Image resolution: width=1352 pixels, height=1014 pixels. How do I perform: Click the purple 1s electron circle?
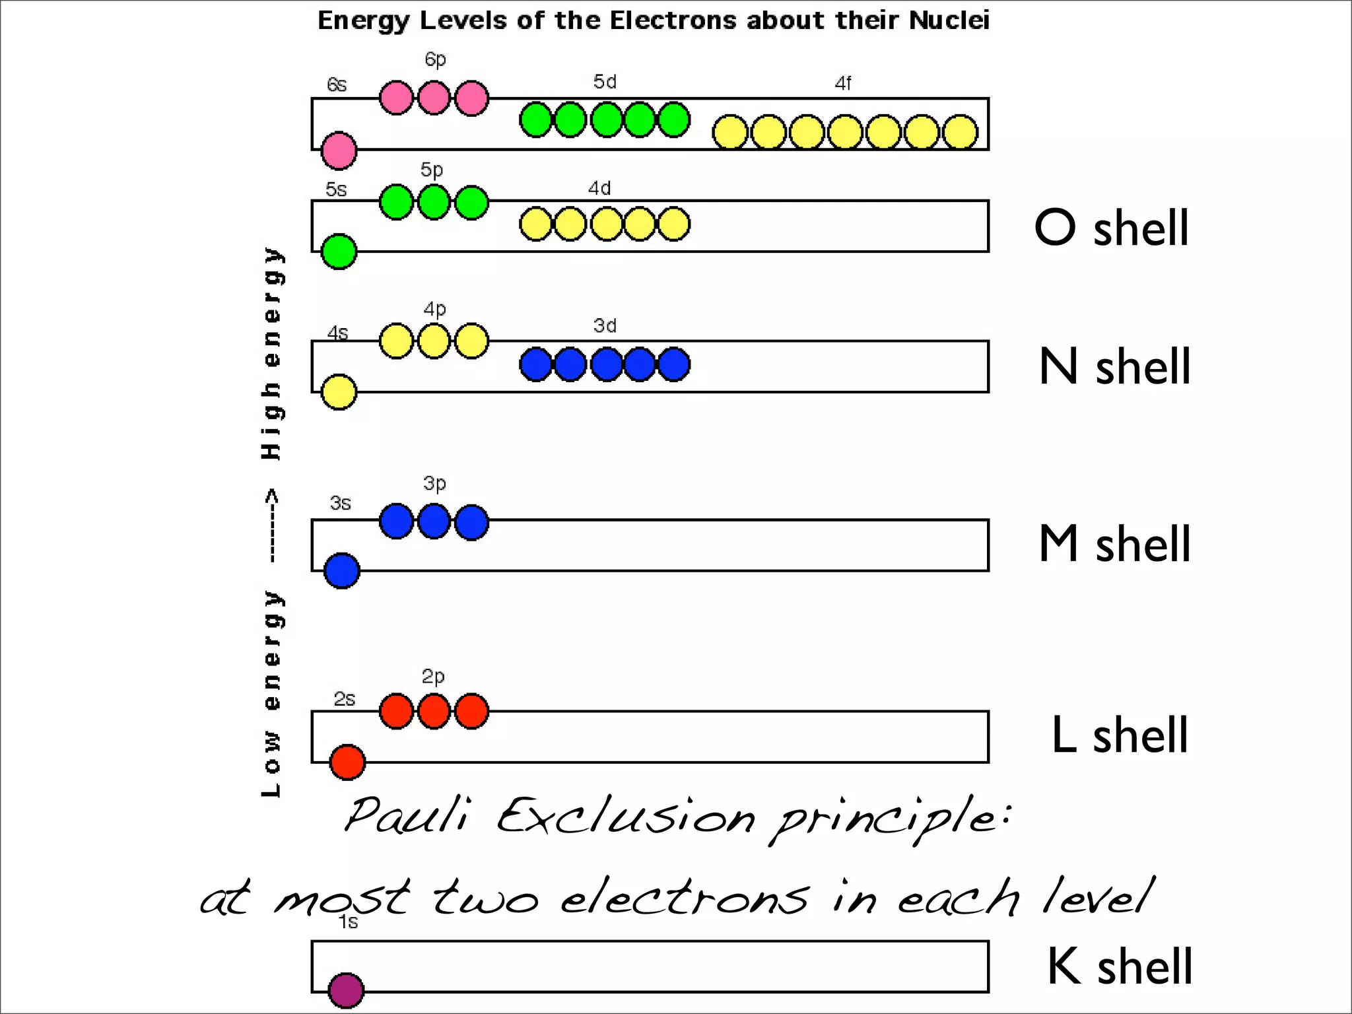pyautogui.click(x=346, y=990)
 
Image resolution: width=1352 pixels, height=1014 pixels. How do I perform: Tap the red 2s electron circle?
pyautogui.click(x=347, y=762)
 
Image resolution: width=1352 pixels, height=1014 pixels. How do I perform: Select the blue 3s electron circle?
pyautogui.click(x=342, y=571)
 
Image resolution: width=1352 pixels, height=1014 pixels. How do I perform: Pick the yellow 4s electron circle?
pyautogui.click(x=339, y=392)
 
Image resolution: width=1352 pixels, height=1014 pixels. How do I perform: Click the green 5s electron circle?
pyautogui.click(x=339, y=252)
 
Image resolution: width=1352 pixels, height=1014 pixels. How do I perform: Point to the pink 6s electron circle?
pyautogui.click(x=339, y=151)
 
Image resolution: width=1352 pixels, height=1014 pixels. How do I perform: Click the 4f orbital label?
pyautogui.click(x=843, y=84)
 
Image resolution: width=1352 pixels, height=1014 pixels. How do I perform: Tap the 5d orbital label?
pyautogui.click(x=605, y=82)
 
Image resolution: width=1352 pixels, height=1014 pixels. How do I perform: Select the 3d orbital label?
pyautogui.click(x=605, y=325)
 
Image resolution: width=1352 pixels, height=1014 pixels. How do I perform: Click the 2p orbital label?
pyautogui.click(x=433, y=677)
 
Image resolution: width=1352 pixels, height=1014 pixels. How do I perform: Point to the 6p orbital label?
pyautogui.click(x=435, y=59)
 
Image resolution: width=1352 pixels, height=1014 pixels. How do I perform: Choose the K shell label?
pyautogui.click(x=1120, y=966)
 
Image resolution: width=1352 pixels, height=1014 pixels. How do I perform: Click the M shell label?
pyautogui.click(x=1115, y=544)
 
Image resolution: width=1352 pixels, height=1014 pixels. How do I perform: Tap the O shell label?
pyautogui.click(x=1112, y=228)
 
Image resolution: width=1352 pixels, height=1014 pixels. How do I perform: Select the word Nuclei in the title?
pyautogui.click(x=949, y=20)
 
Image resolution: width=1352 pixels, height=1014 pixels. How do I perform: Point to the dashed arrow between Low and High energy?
pyautogui.click(x=272, y=525)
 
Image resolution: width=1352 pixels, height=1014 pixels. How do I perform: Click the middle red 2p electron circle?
pyautogui.click(x=434, y=712)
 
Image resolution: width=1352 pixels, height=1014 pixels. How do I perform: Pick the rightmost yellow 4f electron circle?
pyautogui.click(x=960, y=132)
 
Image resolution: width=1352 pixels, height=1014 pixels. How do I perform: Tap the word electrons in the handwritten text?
pyautogui.click(x=685, y=898)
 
